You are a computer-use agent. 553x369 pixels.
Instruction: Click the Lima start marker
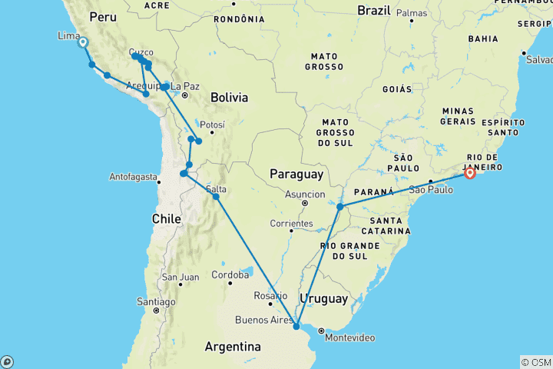[x=82, y=43]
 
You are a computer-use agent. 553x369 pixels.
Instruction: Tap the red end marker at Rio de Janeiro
[x=469, y=173]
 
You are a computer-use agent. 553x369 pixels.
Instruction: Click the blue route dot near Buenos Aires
[x=296, y=327]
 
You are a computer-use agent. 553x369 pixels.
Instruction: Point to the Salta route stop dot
[x=217, y=197]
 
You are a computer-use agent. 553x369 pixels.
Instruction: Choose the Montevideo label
[x=350, y=337]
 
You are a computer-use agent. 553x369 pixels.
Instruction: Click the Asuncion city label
[x=305, y=194]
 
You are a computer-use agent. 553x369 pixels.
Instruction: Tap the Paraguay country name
[x=296, y=175]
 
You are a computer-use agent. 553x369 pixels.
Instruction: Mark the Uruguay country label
[x=324, y=298]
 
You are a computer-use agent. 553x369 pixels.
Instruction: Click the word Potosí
[x=212, y=125]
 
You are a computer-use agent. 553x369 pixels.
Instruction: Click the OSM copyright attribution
[x=535, y=362]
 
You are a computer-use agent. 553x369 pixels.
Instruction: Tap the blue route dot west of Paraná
[x=339, y=206]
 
